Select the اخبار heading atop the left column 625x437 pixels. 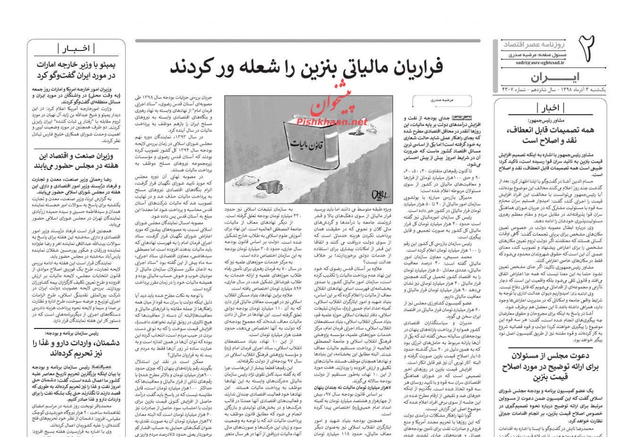coord(76,48)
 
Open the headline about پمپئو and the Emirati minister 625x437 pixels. coord(76,69)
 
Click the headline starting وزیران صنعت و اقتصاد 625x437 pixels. coord(76,160)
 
